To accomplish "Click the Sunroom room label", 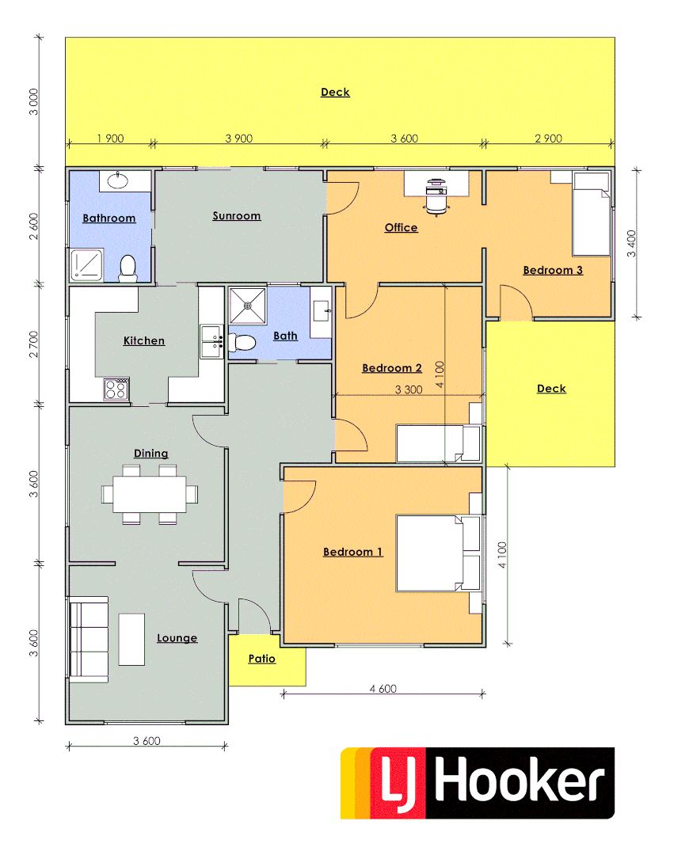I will [x=236, y=216].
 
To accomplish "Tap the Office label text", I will [x=401, y=228].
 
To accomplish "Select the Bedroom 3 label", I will [x=553, y=270].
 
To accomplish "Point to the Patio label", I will [x=261, y=659].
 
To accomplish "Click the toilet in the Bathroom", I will [x=127, y=269].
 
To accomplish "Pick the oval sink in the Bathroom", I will [x=117, y=180].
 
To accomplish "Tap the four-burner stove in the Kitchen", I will [x=116, y=389].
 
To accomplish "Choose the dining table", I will [x=150, y=495].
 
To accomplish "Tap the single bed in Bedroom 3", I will [x=591, y=215].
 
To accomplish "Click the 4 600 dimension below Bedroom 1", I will [x=383, y=689].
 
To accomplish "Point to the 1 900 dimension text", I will [x=110, y=139].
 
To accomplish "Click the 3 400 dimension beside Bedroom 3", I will [x=632, y=243].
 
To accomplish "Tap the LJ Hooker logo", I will [x=478, y=783].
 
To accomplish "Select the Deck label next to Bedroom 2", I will [x=551, y=389].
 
